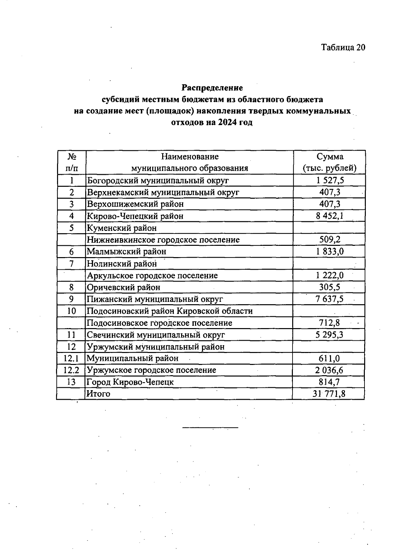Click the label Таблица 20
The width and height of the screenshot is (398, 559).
tap(343, 47)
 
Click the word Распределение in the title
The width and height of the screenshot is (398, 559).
tap(212, 88)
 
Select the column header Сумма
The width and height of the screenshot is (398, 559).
tap(330, 157)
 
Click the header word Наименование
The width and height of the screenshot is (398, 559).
tap(190, 157)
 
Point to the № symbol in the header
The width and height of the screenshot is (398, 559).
tap(72, 157)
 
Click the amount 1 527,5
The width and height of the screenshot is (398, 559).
tap(330, 180)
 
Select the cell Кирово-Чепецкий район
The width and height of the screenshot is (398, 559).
tap(135, 216)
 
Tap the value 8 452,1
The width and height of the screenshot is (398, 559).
tap(330, 216)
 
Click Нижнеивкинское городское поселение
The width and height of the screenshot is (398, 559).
tap(163, 240)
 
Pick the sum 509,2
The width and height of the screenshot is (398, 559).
tap(330, 240)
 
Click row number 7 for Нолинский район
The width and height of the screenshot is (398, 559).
tap(71, 264)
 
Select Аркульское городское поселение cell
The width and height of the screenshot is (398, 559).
tap(152, 276)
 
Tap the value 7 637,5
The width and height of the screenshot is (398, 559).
tap(330, 299)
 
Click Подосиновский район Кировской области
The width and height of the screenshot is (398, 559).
tap(169, 311)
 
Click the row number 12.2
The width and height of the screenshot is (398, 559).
tap(71, 370)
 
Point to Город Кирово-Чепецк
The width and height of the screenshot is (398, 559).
tap(130, 382)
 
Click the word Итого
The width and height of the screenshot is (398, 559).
tap(98, 394)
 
